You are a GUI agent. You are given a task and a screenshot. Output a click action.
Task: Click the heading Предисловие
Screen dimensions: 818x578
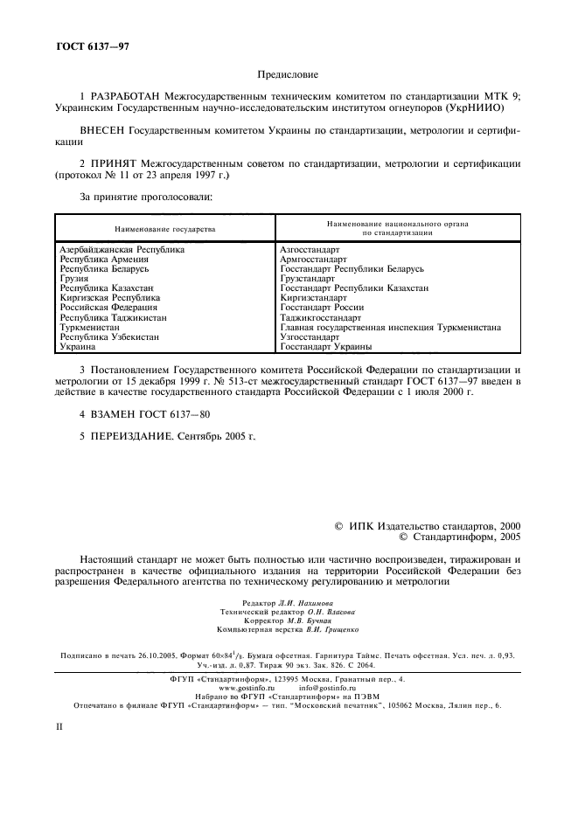(289, 77)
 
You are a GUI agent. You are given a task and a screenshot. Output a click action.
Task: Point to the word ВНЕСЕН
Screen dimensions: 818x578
(103, 128)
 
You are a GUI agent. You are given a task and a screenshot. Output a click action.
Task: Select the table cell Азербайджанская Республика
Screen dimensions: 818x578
(122, 250)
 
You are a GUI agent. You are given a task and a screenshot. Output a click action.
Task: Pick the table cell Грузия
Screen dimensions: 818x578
(74, 279)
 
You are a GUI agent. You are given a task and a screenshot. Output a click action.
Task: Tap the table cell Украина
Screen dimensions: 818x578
(78, 346)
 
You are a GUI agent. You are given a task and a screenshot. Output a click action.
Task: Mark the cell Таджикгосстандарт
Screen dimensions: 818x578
(320, 317)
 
